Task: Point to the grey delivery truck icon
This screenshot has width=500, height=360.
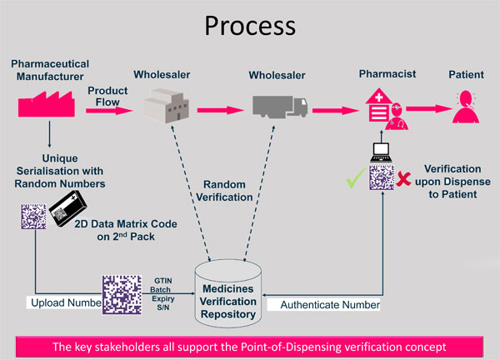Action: (x=280, y=105)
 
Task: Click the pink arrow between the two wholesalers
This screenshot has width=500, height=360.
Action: (x=222, y=106)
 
